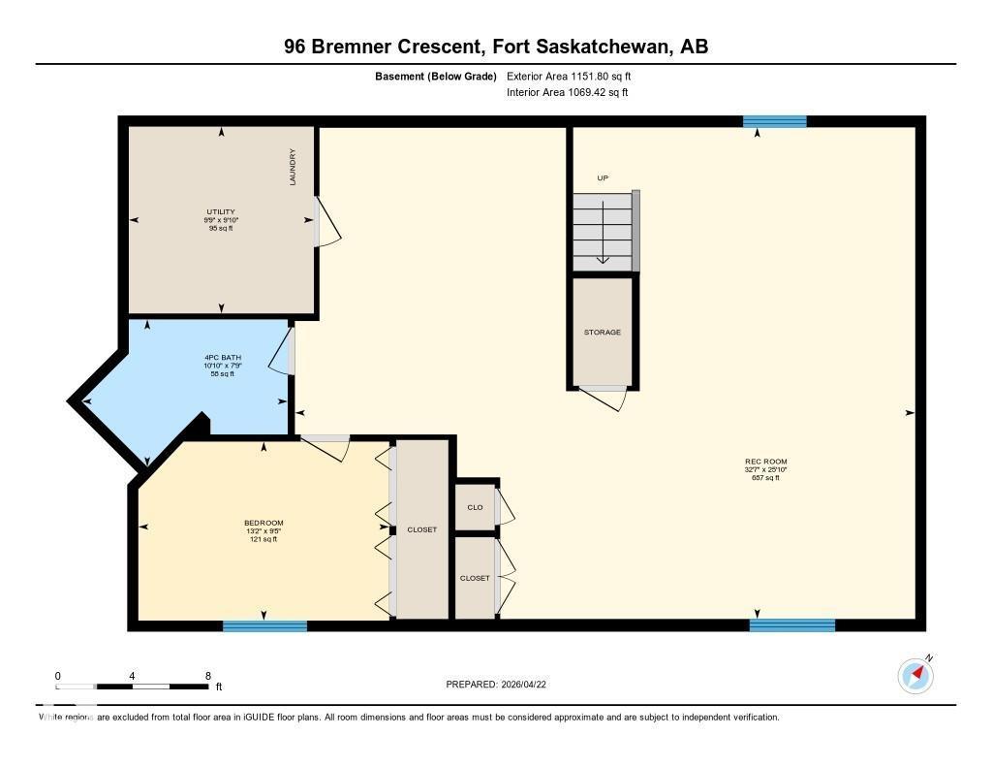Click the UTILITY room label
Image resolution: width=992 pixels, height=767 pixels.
tap(220, 211)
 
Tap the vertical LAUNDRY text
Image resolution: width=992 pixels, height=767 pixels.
tap(292, 167)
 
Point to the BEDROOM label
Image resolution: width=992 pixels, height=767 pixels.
tap(263, 524)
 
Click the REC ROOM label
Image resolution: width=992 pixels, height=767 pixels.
tap(765, 462)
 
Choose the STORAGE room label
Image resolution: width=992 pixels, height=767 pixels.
tap(602, 332)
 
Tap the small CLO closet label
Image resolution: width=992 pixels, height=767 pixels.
tap(475, 507)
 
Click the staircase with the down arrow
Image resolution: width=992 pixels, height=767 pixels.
tap(603, 231)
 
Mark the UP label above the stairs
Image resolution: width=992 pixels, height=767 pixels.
tap(603, 177)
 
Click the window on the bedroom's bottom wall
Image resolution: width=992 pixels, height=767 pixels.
tap(264, 626)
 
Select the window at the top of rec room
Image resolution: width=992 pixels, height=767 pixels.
tap(774, 121)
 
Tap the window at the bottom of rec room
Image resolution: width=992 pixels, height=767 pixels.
tap(791, 625)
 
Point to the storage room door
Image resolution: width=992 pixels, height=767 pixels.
tap(606, 398)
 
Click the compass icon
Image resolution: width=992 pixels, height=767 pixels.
tap(915, 676)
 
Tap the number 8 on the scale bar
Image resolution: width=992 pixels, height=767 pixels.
tap(207, 676)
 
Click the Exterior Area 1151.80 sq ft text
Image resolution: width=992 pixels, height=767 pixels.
tap(570, 76)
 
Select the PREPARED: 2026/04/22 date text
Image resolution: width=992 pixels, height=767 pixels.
tap(502, 685)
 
